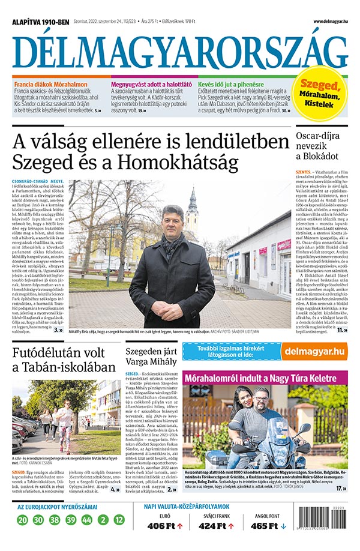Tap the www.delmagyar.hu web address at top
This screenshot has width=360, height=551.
pyautogui.click(x=329, y=22)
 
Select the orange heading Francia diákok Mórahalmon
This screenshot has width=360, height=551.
pyautogui.click(x=51, y=85)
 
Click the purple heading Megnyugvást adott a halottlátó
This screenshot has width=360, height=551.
pyautogui.click(x=151, y=85)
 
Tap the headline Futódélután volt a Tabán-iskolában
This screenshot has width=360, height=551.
pyautogui.click(x=61, y=358)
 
